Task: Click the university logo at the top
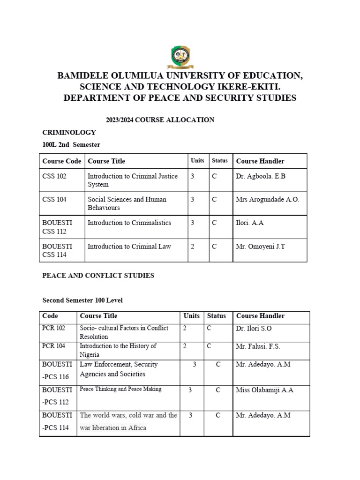[x=180, y=57]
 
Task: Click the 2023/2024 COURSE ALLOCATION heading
[x=160, y=120]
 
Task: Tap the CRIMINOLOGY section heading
[x=69, y=133]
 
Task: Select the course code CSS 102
[x=54, y=176]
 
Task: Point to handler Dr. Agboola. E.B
[x=261, y=176]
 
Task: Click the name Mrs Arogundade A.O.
[x=267, y=199]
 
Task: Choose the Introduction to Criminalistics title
[x=129, y=223]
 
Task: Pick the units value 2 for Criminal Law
[x=192, y=246]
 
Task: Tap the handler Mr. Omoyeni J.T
[x=260, y=246]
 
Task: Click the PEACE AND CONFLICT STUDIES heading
[x=98, y=276]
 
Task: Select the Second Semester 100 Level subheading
[x=82, y=300]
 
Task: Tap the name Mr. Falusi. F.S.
[x=258, y=346]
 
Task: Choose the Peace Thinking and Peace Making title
[x=120, y=389]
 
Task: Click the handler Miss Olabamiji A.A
[x=264, y=390]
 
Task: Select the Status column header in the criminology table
[x=219, y=161]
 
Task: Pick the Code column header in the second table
[x=50, y=316]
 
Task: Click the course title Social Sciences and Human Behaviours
[x=127, y=203]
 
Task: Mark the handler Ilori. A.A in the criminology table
[x=250, y=223]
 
